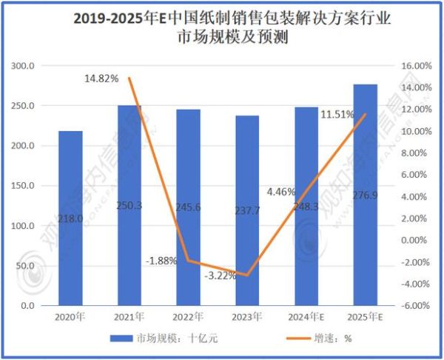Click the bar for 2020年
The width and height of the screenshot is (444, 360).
tap(71, 219)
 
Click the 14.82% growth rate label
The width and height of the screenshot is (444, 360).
tap(101, 78)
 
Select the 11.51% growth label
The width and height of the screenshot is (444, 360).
tap(337, 115)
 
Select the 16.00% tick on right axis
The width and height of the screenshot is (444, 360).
tap(415, 66)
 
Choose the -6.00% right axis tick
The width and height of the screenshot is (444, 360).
tap(415, 305)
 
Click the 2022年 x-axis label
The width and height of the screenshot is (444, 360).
tap(189, 317)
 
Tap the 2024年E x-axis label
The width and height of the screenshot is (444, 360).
tap(306, 317)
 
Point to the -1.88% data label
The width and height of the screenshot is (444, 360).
tap(161, 261)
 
